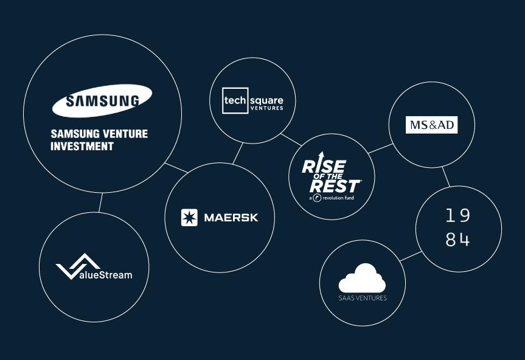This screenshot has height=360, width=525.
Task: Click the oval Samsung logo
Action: [x=102, y=100]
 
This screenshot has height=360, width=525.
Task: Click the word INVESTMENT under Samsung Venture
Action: [x=82, y=147]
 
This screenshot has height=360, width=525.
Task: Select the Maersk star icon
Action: [x=189, y=218]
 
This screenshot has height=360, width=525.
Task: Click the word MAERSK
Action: [x=231, y=218]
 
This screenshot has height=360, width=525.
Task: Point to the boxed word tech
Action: [x=234, y=100]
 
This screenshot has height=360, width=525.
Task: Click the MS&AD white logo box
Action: [x=431, y=125]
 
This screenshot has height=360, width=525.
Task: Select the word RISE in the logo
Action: [x=324, y=165]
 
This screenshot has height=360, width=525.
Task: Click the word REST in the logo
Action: [x=335, y=184]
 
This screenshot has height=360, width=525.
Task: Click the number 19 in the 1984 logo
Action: [x=458, y=216]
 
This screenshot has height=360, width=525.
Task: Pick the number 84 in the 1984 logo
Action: [x=458, y=240]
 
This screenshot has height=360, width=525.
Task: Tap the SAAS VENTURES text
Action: [x=363, y=298]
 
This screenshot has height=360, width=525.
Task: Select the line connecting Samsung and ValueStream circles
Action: [x=100, y=202]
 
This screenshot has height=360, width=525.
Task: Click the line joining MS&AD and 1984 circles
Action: [x=446, y=177]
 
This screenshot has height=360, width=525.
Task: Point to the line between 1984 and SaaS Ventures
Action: [x=410, y=255]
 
